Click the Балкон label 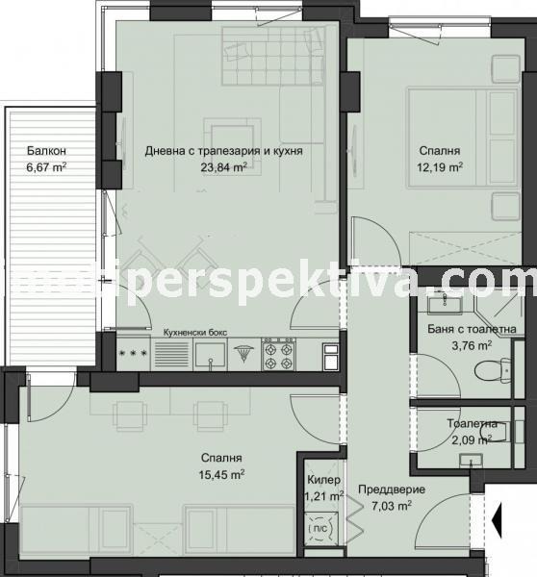click(46, 151)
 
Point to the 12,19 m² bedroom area click(440, 166)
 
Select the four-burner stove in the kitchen click(277, 354)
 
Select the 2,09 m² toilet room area click(472, 439)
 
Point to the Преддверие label click(385, 488)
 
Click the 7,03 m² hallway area click(385, 503)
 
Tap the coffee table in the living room click(234, 134)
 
